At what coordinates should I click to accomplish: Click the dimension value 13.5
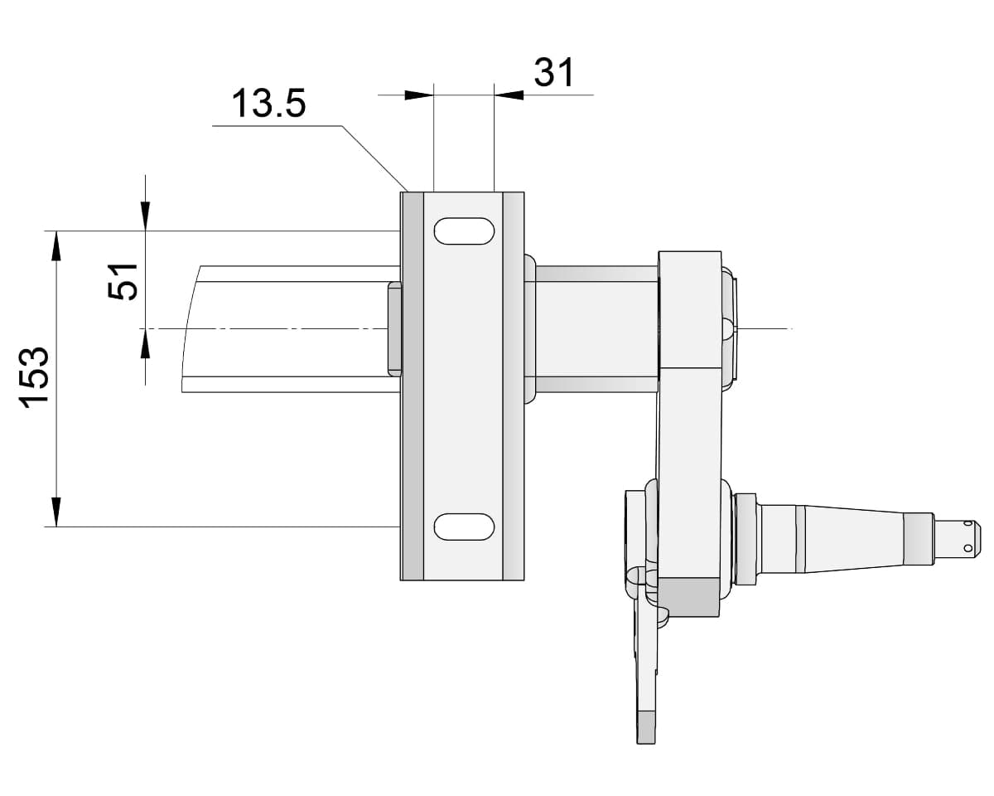coord(269,103)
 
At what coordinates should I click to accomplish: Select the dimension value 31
coord(554,72)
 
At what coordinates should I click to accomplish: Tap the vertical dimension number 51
coord(123,282)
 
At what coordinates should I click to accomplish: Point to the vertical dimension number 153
coord(34,377)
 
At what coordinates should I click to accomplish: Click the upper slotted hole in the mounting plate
coord(464,231)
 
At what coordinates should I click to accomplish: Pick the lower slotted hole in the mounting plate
coord(464,527)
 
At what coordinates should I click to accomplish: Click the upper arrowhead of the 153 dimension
coord(56,246)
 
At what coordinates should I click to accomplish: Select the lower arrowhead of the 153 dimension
coord(56,512)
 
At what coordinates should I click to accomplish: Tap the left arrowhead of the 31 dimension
coord(419,95)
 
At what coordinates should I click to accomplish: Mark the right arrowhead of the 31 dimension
coord(509,95)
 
